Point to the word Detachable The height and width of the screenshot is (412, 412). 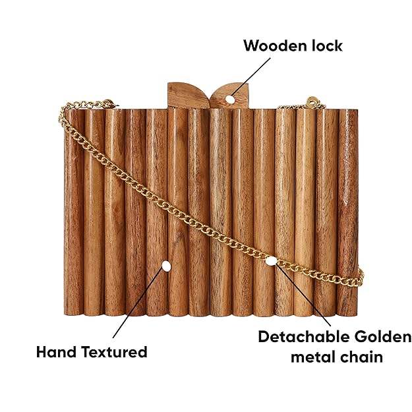(x=303, y=338)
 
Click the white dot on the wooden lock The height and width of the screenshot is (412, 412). (x=230, y=100)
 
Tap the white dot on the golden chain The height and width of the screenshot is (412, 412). (x=271, y=260)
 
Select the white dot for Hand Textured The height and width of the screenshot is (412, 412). (x=165, y=267)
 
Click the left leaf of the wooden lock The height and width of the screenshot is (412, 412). (x=183, y=93)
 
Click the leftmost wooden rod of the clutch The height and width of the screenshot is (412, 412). (x=74, y=211)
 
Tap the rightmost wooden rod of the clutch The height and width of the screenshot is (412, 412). (x=347, y=211)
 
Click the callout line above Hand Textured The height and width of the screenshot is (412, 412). (x=138, y=304)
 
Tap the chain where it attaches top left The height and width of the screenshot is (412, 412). (x=102, y=103)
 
